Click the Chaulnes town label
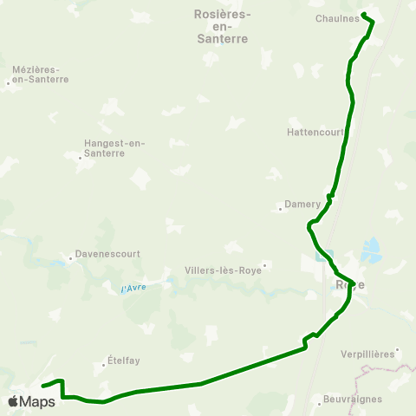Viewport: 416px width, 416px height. (338, 18)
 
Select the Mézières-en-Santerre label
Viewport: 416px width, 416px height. (41, 74)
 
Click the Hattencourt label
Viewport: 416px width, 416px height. (315, 133)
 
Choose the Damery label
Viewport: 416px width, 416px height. (302, 205)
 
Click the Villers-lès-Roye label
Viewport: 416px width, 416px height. (222, 270)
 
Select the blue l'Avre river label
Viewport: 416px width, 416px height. (133, 288)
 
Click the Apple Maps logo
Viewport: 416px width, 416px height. (31, 401)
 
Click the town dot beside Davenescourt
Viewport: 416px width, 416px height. (71, 258)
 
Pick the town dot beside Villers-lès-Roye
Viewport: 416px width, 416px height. (264, 265)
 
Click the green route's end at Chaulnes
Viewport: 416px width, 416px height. (363, 14)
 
